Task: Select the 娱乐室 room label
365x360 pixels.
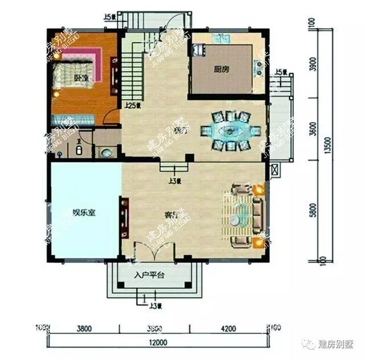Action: click(x=83, y=213)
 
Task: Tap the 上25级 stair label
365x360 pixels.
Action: click(x=133, y=105)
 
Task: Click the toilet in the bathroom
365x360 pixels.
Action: click(x=80, y=150)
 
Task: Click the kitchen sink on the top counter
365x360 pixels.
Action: click(x=221, y=39)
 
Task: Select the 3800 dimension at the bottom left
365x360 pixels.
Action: click(x=84, y=328)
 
